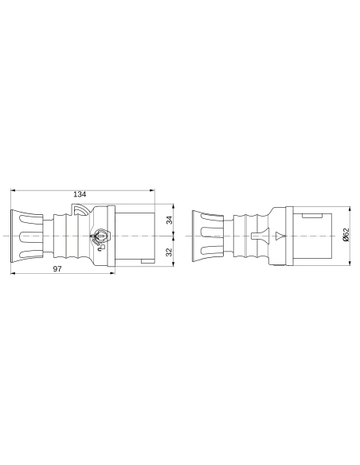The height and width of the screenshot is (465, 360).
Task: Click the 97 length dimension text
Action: pos(58,270)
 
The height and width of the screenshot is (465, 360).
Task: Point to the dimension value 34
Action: pos(169,220)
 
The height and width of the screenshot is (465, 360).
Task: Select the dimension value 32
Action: pos(169,251)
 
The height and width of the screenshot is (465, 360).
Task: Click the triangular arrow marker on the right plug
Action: pos(279,236)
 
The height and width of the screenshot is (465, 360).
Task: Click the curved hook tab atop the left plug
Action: pos(80,210)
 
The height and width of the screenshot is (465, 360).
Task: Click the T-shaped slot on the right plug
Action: pos(256,236)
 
